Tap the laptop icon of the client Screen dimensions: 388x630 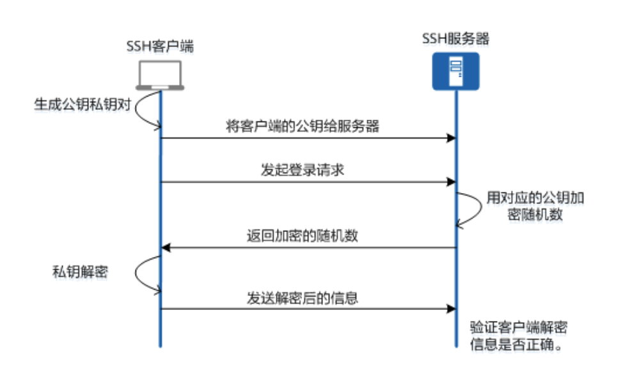(160, 75)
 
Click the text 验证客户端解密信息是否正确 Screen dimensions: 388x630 (519, 336)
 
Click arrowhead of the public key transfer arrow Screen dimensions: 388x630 (451, 138)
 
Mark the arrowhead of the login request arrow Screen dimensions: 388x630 (451, 183)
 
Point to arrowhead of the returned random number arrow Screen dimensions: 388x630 (165, 247)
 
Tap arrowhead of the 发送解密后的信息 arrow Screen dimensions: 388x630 (451, 310)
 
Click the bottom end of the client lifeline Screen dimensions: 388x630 (160, 346)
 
